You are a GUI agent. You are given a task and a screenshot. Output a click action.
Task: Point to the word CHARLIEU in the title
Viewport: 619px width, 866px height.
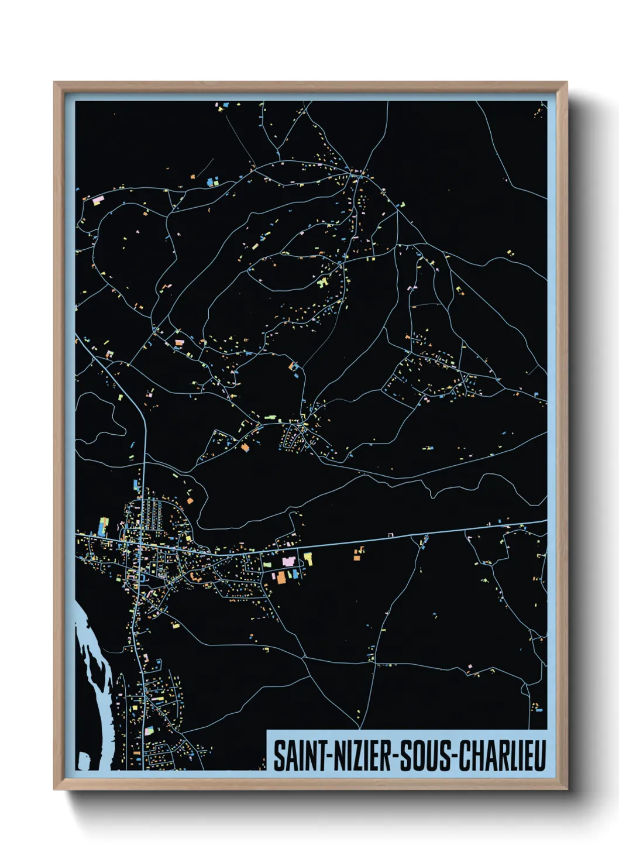coord(501,755)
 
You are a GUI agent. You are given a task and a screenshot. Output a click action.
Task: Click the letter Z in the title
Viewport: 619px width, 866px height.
coord(356,755)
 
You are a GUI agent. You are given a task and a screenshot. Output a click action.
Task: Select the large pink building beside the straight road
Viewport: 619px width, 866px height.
coord(288,561)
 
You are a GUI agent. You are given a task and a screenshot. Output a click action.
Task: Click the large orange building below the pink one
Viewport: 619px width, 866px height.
coord(281,577)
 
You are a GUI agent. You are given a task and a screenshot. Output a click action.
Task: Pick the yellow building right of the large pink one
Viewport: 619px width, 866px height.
coord(308,559)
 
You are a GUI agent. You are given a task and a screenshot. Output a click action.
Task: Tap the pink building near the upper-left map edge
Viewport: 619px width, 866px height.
coord(97,200)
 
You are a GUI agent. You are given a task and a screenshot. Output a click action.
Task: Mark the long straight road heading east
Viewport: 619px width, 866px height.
coord(410,536)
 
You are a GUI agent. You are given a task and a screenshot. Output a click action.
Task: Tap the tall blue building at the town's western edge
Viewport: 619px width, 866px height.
coord(104,527)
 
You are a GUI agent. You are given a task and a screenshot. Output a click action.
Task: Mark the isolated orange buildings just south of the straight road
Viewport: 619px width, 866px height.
coord(357,553)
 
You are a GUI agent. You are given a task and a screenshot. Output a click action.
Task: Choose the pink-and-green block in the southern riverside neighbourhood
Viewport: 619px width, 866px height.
coord(149,730)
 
